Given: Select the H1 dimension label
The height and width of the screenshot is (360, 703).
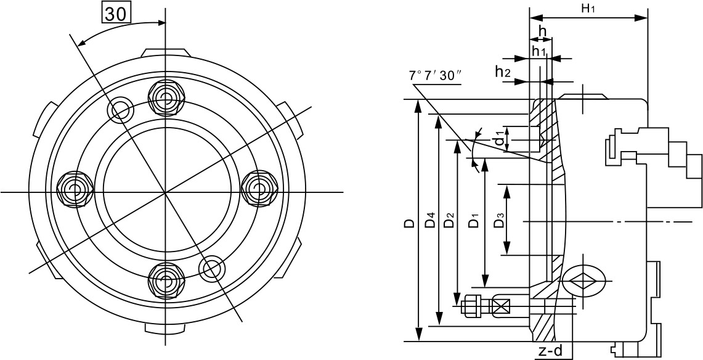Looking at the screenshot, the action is click(x=588, y=9).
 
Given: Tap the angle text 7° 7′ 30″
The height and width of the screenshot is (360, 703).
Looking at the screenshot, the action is click(x=436, y=75).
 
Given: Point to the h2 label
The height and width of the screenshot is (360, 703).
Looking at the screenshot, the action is click(x=503, y=72).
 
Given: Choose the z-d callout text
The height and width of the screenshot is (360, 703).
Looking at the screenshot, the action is click(x=551, y=350).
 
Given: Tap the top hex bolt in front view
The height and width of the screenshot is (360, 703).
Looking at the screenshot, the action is click(x=166, y=99).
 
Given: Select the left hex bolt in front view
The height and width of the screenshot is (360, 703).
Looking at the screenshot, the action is click(x=75, y=189).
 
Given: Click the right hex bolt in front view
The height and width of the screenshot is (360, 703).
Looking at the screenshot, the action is click(x=259, y=189).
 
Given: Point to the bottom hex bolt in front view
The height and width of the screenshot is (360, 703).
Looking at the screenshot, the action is click(x=166, y=280).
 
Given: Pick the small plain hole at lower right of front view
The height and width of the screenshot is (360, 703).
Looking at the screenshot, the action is click(x=211, y=269).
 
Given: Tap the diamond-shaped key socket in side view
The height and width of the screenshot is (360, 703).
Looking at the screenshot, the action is click(x=583, y=280).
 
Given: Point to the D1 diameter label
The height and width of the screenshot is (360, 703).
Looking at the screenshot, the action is click(x=474, y=220).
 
